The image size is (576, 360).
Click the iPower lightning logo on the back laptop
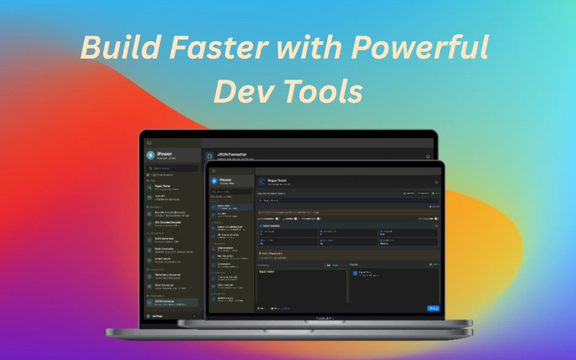(150, 156)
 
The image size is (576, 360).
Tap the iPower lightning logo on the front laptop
(214, 181)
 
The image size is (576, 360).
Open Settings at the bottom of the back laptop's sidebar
(157, 316)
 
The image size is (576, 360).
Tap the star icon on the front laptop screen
(437, 182)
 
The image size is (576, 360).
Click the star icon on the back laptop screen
(428, 156)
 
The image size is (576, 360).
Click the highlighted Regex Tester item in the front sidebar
(231, 207)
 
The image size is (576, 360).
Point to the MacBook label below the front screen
(324, 317)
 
